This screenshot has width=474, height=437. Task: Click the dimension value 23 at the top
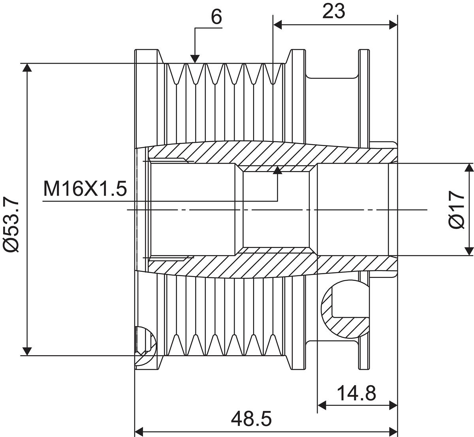[333, 11]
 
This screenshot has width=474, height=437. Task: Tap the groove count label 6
[216, 17]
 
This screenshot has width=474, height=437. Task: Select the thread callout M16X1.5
[85, 189]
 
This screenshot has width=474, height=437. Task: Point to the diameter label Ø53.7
[11, 224]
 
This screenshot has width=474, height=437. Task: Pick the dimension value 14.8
[356, 393]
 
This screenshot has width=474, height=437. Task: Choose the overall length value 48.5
[251, 418]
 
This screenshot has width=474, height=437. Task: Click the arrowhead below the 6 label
[195, 59]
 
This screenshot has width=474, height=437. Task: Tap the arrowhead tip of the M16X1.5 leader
[277, 166]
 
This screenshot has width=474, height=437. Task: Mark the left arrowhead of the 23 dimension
[277, 24]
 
